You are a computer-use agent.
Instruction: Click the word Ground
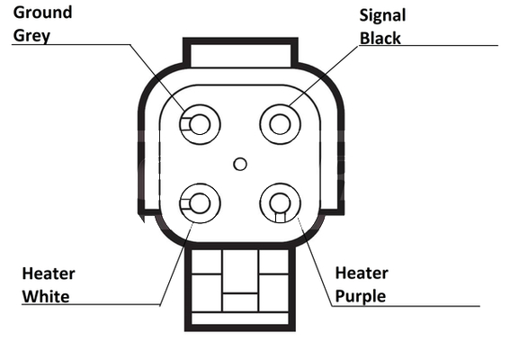42,13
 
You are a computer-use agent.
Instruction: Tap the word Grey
31,35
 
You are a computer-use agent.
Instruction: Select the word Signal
382,15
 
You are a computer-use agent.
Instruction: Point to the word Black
380,38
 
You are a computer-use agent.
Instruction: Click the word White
46,296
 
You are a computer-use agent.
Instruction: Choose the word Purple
361,296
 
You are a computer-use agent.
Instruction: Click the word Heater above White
49,274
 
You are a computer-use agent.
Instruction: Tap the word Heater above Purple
362,273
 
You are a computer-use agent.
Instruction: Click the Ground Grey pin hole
200,124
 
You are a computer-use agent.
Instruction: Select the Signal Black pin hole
280,124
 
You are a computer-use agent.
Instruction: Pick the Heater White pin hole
200,203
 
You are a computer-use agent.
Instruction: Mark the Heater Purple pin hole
280,202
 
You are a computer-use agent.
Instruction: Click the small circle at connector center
240,164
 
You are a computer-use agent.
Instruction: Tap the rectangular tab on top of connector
240,53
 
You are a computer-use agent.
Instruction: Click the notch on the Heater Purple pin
280,217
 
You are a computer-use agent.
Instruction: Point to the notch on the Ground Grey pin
185,124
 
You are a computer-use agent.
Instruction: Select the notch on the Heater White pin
184,203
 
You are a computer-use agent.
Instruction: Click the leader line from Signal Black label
324,76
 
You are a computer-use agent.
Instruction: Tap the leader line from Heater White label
176,265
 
